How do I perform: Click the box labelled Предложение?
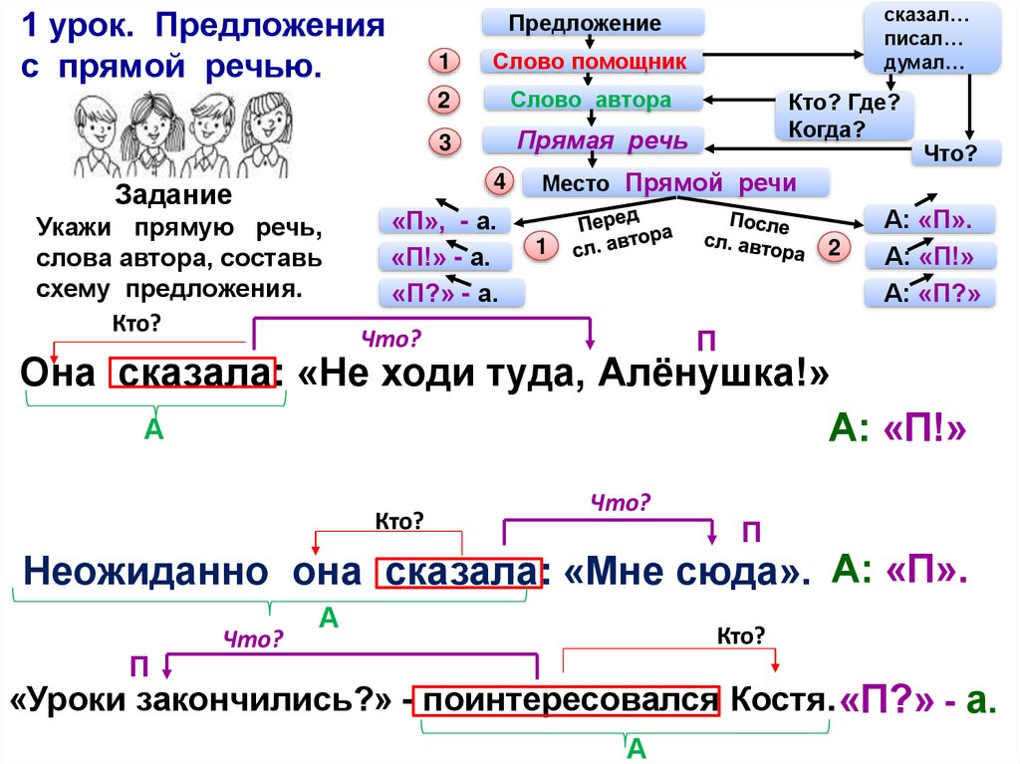[x=593, y=23]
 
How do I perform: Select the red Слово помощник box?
[x=593, y=62]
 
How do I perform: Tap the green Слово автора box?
[x=593, y=100]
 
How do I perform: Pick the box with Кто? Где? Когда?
[x=843, y=117]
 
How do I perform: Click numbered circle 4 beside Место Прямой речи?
[x=498, y=182]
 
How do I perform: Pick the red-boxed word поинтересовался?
[x=570, y=700]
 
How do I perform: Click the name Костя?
[x=780, y=700]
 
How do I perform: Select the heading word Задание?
[x=174, y=194]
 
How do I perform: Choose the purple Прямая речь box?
[x=593, y=140]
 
